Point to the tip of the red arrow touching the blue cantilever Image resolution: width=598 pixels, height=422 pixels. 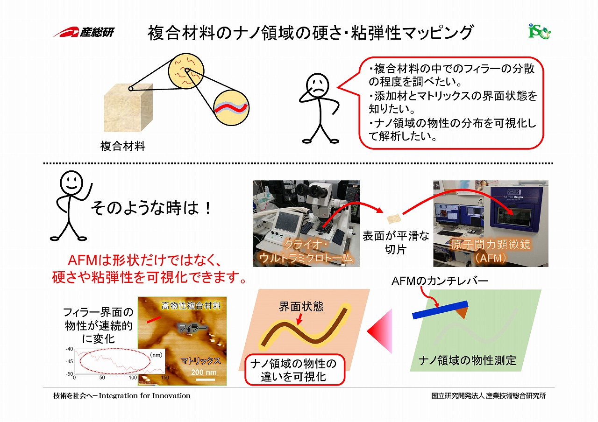click(x=437, y=308)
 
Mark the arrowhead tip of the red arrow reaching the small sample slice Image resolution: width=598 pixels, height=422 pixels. click(x=384, y=212)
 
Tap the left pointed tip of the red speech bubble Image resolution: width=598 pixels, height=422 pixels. click(x=337, y=87)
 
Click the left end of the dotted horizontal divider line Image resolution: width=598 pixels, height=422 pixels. click(x=44, y=163)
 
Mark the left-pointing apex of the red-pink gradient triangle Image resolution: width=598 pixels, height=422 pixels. click(x=367, y=331)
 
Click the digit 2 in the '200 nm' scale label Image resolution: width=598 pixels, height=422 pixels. click(x=193, y=372)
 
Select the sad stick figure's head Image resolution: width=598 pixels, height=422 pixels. click(x=317, y=85)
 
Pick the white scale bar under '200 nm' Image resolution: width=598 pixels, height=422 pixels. click(x=204, y=379)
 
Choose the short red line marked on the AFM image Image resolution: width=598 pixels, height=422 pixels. click(x=154, y=320)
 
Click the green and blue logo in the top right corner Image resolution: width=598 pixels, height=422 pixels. click(x=540, y=32)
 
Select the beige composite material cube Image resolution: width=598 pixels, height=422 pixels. click(x=128, y=107)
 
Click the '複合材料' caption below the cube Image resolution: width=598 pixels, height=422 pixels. click(x=123, y=146)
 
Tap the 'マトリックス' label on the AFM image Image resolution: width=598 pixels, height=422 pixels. click(x=201, y=361)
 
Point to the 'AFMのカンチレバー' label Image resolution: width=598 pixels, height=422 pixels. click(x=440, y=281)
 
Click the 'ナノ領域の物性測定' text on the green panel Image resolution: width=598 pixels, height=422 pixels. click(x=467, y=360)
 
